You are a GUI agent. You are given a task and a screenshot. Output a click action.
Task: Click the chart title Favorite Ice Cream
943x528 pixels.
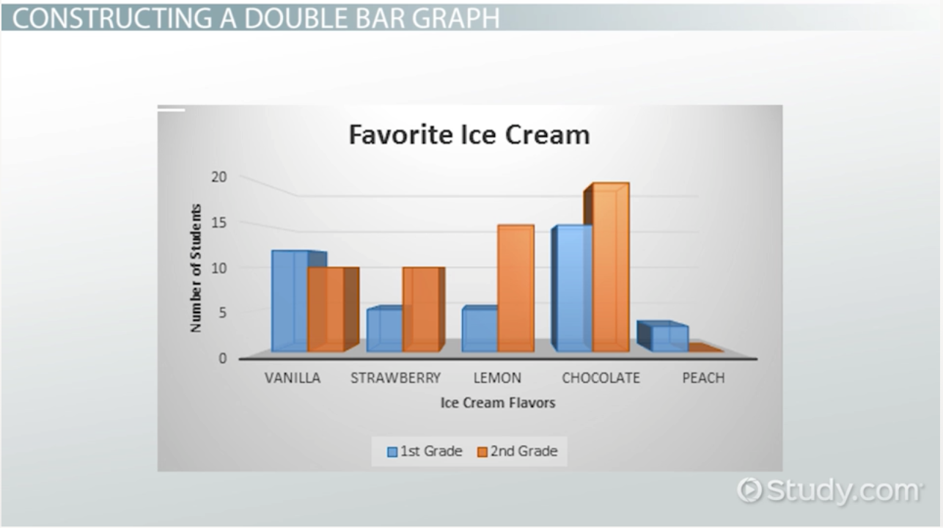coord(469,135)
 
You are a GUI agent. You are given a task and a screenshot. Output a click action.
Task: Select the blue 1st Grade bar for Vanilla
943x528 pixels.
coord(290,301)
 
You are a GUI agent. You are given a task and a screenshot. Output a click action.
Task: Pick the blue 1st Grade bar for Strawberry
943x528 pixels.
coord(384,329)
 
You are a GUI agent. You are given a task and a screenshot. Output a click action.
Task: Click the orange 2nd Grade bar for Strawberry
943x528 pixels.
coord(423,309)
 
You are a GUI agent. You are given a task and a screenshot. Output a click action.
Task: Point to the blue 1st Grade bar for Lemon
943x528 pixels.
coord(480,329)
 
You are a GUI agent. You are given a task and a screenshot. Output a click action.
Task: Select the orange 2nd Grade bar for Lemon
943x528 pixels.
coord(515,288)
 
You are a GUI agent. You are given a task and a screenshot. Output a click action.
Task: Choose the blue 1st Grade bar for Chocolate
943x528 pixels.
coord(572,288)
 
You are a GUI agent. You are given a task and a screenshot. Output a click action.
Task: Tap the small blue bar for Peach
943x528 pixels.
coord(663,337)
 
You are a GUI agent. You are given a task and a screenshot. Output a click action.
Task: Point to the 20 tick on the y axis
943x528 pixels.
coord(219,177)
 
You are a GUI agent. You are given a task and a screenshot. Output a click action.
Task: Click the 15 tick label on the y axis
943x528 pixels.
coord(219,222)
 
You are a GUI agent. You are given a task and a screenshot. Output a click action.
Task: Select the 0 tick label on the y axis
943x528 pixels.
coord(223,359)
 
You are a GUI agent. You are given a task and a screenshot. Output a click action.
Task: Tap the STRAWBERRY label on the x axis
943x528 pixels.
coord(396,378)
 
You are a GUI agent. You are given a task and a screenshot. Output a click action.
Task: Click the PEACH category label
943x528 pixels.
coord(703,378)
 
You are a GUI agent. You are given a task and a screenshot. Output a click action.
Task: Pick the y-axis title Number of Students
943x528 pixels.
coord(197,268)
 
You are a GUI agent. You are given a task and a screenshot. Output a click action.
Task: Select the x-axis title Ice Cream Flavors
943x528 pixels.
coord(498,403)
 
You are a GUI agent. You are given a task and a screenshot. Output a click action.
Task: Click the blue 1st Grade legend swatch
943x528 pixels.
coord(392,452)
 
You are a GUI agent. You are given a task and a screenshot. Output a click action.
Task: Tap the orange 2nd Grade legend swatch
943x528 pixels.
coord(482,452)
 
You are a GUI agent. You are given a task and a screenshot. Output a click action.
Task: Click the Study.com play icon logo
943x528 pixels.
coord(749,490)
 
